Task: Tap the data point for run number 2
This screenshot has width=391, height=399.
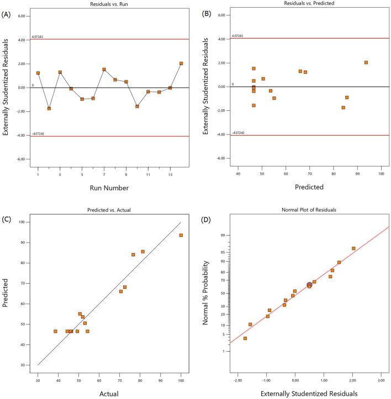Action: pos(49,109)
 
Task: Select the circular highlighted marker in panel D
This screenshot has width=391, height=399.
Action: pos(309,285)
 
